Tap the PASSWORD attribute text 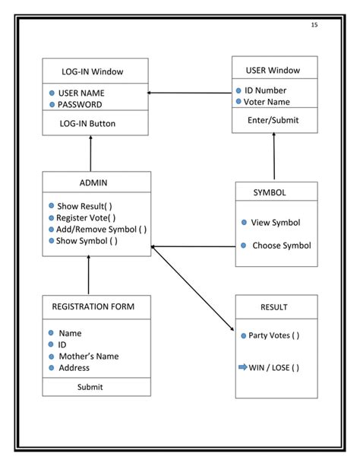pos(81,104)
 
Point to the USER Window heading pos(273,71)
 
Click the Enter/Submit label pos(273,119)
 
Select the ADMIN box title pos(93,182)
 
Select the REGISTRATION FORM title pos(93,306)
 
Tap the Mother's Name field pos(88,356)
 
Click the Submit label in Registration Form pos(90,387)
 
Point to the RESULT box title pos(273,307)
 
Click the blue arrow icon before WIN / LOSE pos(243,367)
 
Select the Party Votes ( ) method pos(274,335)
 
